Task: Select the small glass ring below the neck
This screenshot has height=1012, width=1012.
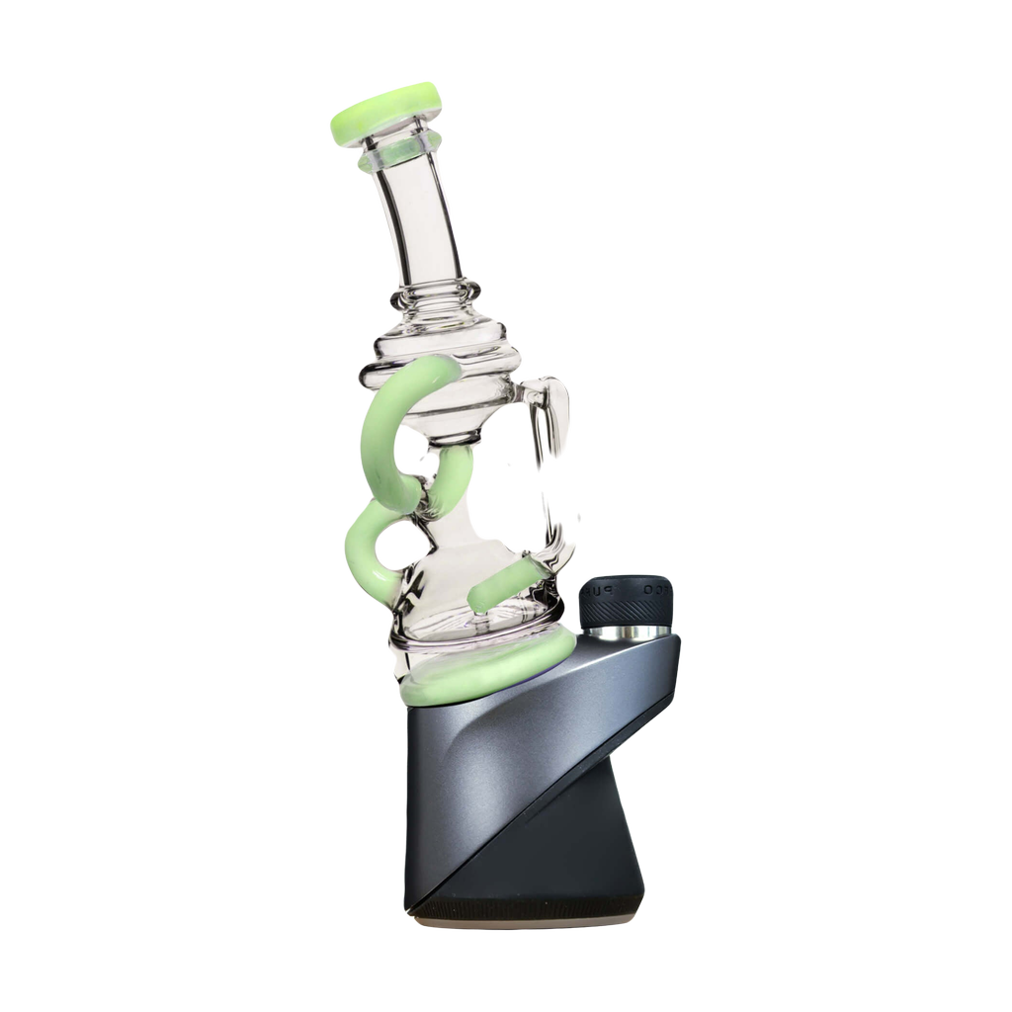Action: click(435, 293)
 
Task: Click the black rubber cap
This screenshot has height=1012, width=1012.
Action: click(626, 599)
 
